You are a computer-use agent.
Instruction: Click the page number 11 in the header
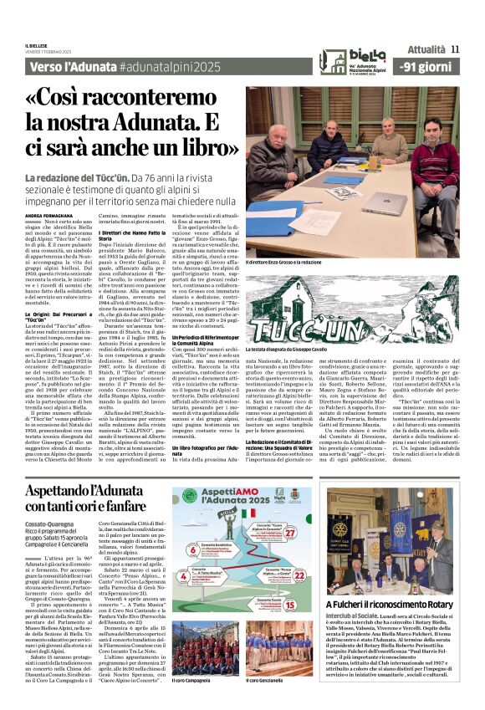(x=455, y=49)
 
